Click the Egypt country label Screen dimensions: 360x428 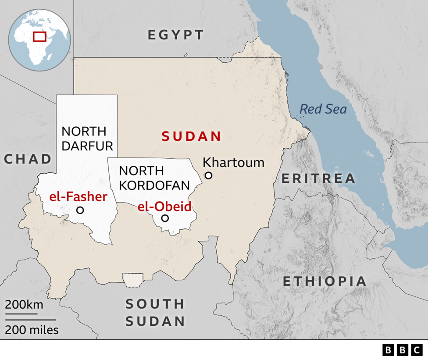coord(176,35)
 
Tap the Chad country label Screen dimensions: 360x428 coord(28,159)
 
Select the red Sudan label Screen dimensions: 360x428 coord(191,136)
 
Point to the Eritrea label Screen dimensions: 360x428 coord(318,178)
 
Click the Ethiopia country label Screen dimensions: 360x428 coord(324,281)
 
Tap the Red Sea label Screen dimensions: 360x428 coord(323,109)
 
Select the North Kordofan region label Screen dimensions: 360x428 coord(154,178)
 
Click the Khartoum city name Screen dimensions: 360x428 coord(234,162)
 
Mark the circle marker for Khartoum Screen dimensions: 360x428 coord(209,175)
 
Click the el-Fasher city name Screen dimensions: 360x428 coord(78,197)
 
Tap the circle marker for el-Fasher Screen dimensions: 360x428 coord(80,210)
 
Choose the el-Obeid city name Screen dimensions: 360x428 coord(164,206)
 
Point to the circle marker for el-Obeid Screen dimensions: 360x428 coord(165,218)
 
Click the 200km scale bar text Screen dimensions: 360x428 coord(24,304)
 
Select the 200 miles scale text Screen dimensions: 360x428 coord(32,330)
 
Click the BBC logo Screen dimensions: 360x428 coord(402,350)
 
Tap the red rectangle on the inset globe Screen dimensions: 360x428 coord(40,36)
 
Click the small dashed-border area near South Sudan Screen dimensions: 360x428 coord(132,279)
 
